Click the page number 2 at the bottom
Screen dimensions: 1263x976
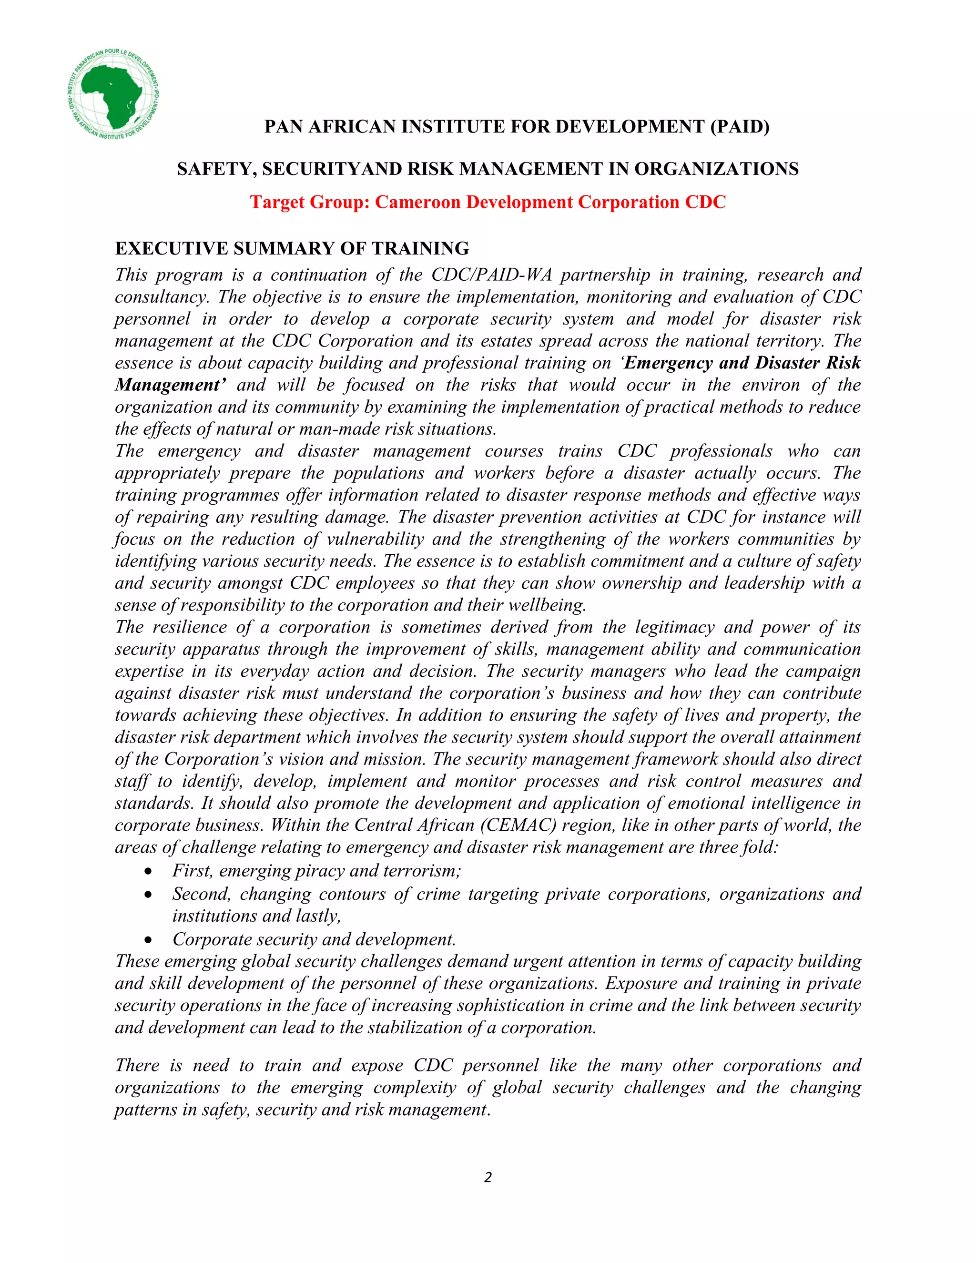pyautogui.click(x=488, y=1177)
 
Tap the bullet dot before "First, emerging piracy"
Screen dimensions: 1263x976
pyautogui.click(x=149, y=871)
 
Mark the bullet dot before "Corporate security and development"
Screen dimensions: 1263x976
pyautogui.click(x=149, y=940)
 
